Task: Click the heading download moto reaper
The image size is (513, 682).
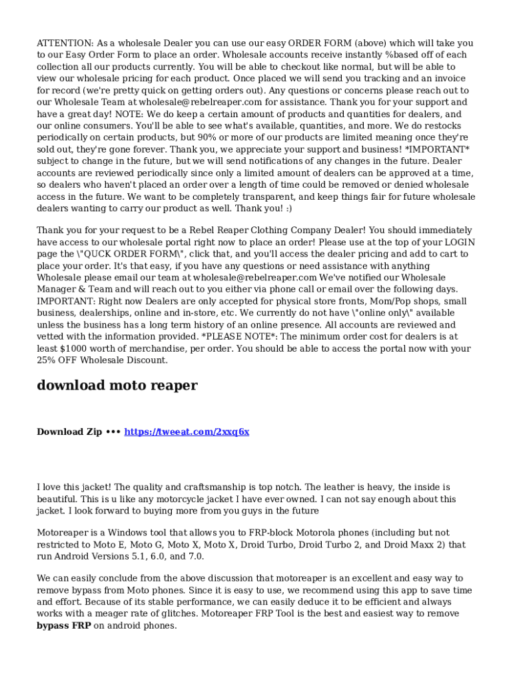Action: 117,386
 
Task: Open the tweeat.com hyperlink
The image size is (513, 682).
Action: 187,432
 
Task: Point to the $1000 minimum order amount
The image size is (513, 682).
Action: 73,348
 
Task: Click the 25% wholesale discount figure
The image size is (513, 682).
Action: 47,360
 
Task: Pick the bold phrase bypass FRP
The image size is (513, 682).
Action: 63,626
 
